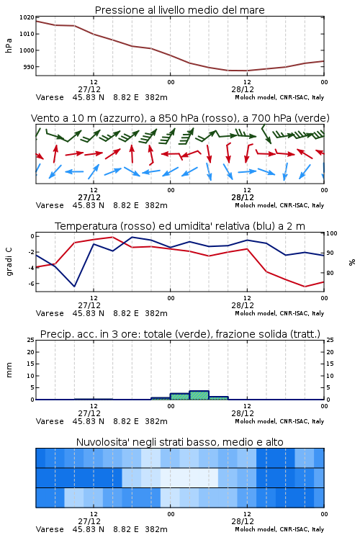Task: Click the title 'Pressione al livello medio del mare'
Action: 179,10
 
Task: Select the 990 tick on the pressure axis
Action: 30,67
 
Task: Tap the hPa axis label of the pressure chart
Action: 9,45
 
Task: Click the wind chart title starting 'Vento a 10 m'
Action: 180,118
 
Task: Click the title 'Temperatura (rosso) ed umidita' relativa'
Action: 180,226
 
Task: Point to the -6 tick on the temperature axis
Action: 31,284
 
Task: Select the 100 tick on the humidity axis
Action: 332,233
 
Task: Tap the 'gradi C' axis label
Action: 9,261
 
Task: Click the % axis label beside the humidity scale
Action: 352,262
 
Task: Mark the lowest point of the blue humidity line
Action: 74,287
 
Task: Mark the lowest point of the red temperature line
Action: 305,287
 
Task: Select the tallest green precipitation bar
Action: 199,395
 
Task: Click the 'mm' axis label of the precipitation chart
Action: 9,370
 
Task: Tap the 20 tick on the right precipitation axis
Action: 330,352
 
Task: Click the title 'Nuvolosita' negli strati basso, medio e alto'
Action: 179,442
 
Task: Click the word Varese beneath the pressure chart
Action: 50,97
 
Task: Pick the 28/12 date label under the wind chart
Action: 243,198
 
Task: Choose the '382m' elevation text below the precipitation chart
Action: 156,421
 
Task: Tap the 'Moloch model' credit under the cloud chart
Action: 256,529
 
